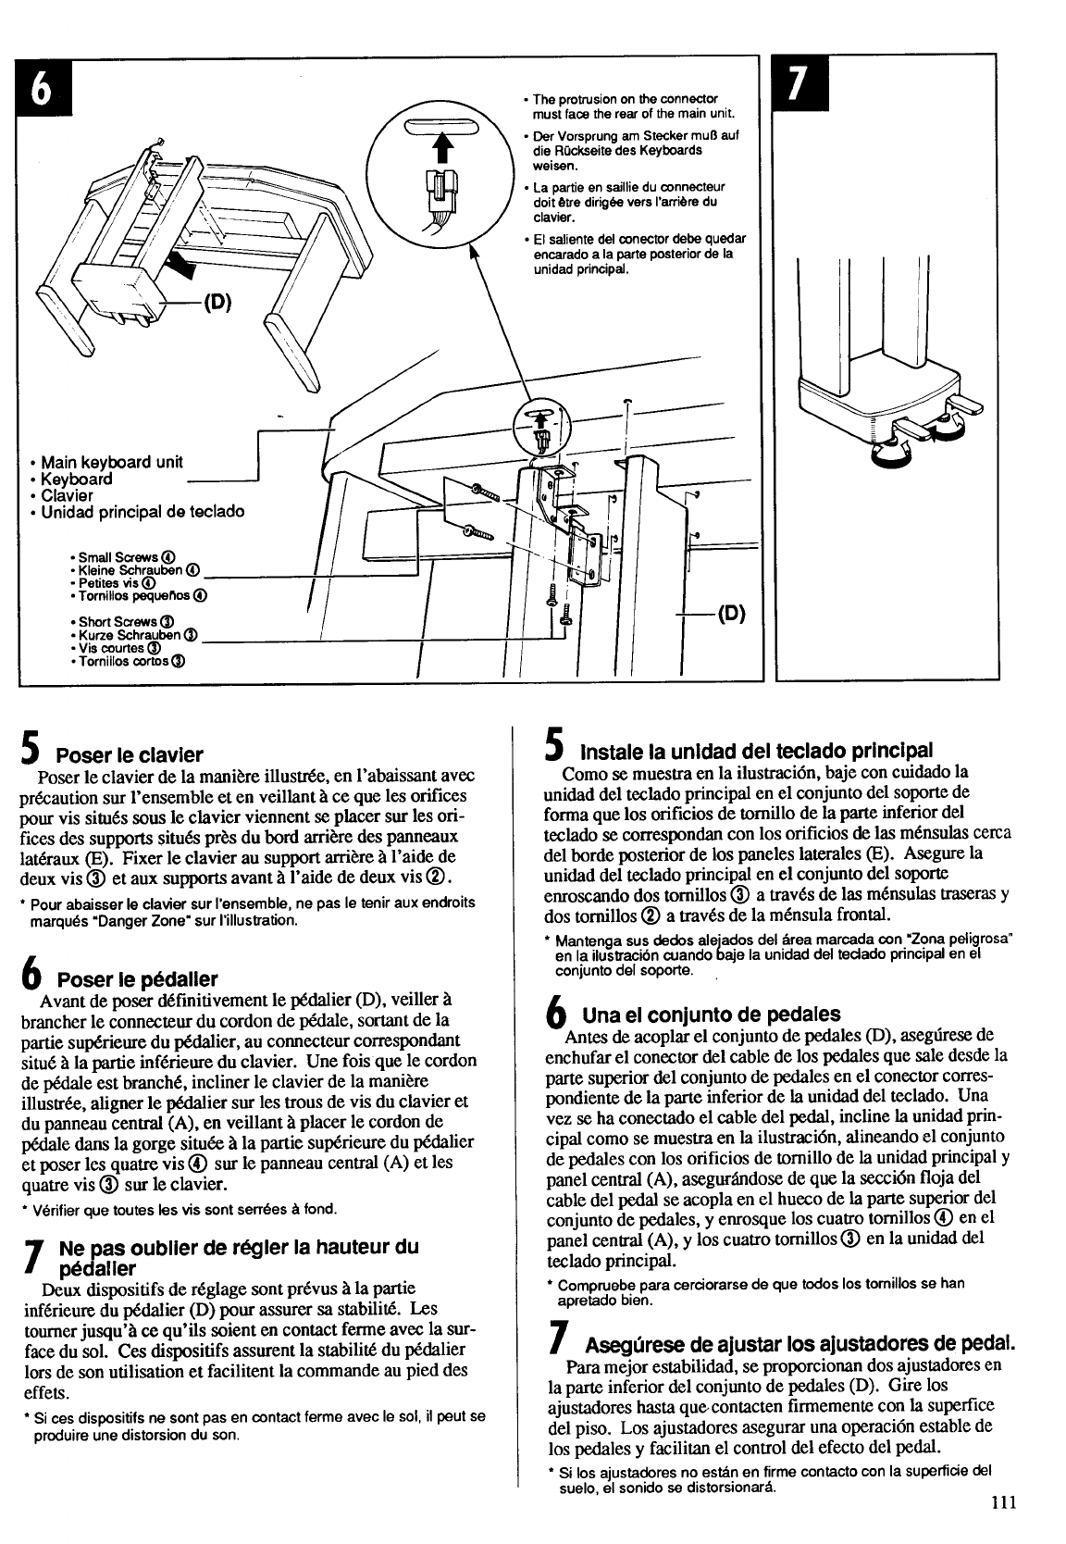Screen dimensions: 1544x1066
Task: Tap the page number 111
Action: [x=1003, y=1501]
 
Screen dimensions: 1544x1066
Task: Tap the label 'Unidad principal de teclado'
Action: [x=142, y=512]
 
